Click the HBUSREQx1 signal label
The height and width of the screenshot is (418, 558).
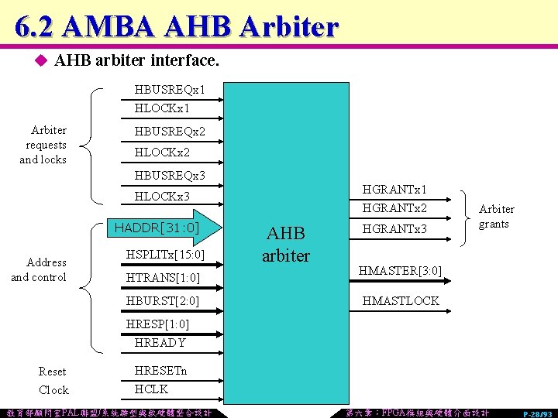pyautogui.click(x=169, y=91)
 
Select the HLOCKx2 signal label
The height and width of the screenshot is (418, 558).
pyautogui.click(x=162, y=153)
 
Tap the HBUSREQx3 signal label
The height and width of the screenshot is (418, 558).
pyautogui.click(x=169, y=176)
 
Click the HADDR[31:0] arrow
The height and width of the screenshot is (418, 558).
pyautogui.click(x=163, y=228)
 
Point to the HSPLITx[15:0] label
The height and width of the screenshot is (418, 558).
pyautogui.click(x=164, y=255)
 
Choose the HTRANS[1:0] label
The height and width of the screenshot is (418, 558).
pyautogui.click(x=163, y=277)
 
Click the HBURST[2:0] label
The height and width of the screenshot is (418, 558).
pyautogui.click(x=163, y=300)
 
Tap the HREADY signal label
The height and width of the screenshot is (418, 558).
pyautogui.click(x=160, y=342)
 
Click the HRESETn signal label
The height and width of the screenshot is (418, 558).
pyautogui.click(x=160, y=371)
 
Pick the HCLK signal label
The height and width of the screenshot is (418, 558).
pyautogui.click(x=151, y=389)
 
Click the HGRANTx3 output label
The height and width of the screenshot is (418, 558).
pyautogui.click(x=394, y=229)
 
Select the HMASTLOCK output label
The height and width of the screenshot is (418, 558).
pyautogui.click(x=401, y=300)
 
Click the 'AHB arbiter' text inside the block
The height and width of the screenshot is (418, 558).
pyautogui.click(x=286, y=245)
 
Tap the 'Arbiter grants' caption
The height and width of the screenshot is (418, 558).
pyautogui.click(x=496, y=217)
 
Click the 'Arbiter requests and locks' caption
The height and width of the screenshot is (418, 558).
pyautogui.click(x=43, y=145)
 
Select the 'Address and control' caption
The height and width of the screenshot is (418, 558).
pyautogui.click(x=39, y=269)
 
